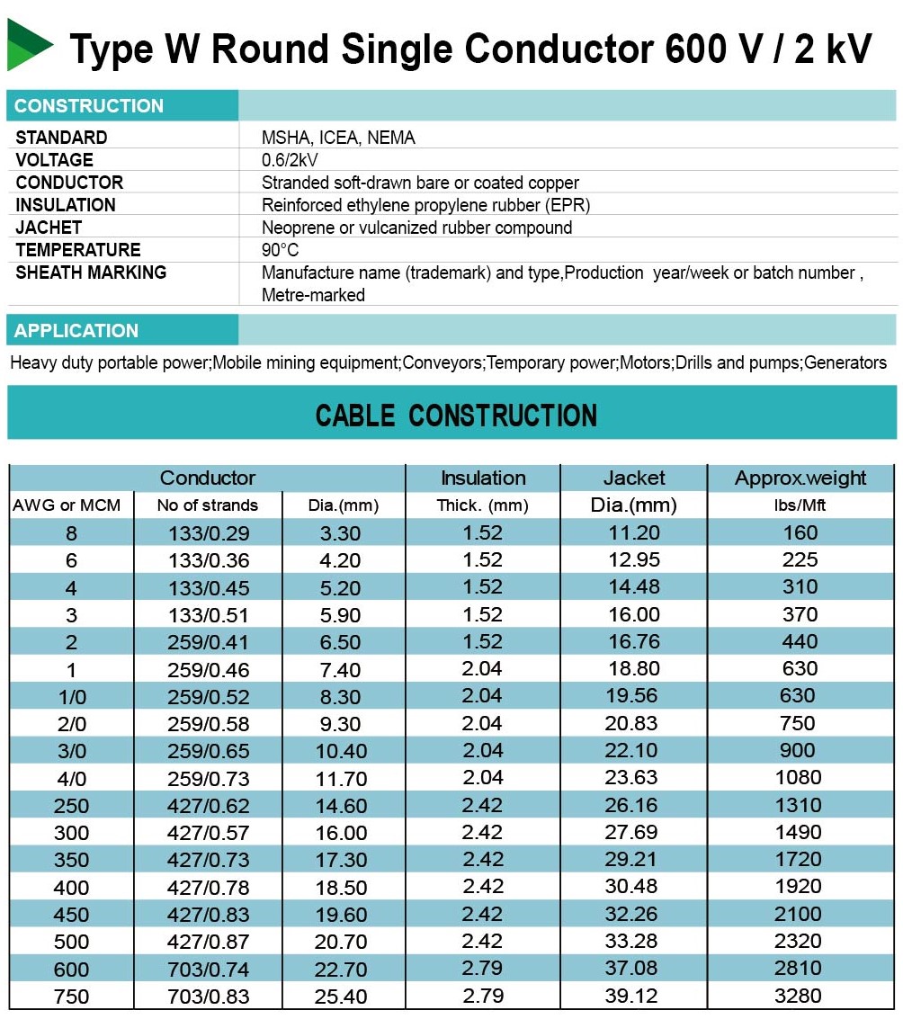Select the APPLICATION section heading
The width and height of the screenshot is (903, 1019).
pos(76,330)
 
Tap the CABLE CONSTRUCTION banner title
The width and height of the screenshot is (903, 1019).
pos(456,416)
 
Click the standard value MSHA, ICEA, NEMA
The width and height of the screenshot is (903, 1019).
pos(338,138)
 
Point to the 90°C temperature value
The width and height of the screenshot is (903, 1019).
pos(280,250)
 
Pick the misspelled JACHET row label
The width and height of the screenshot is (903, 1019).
pos(49,228)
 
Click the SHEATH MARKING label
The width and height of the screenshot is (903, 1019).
pos(91,273)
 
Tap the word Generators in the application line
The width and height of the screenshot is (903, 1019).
pos(845,363)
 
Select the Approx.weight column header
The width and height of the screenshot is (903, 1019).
pos(800,478)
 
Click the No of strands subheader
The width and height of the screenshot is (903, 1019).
pos(207,505)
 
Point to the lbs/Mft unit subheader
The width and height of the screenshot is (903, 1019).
pos(800,505)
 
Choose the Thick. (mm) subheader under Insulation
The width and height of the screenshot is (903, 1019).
pos(482,505)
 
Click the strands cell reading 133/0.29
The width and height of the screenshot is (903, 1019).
pos(209,533)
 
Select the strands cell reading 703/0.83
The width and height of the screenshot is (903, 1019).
pos(209,997)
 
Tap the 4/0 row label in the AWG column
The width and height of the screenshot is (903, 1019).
pos(71,778)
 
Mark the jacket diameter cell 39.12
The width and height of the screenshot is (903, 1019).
pos(633,996)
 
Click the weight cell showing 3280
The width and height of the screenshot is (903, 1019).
pos(800,996)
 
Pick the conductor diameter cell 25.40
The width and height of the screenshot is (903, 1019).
pos(340,997)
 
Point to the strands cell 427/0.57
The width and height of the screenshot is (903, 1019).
pos(209,833)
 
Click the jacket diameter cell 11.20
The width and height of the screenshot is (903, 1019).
pos(633,532)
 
